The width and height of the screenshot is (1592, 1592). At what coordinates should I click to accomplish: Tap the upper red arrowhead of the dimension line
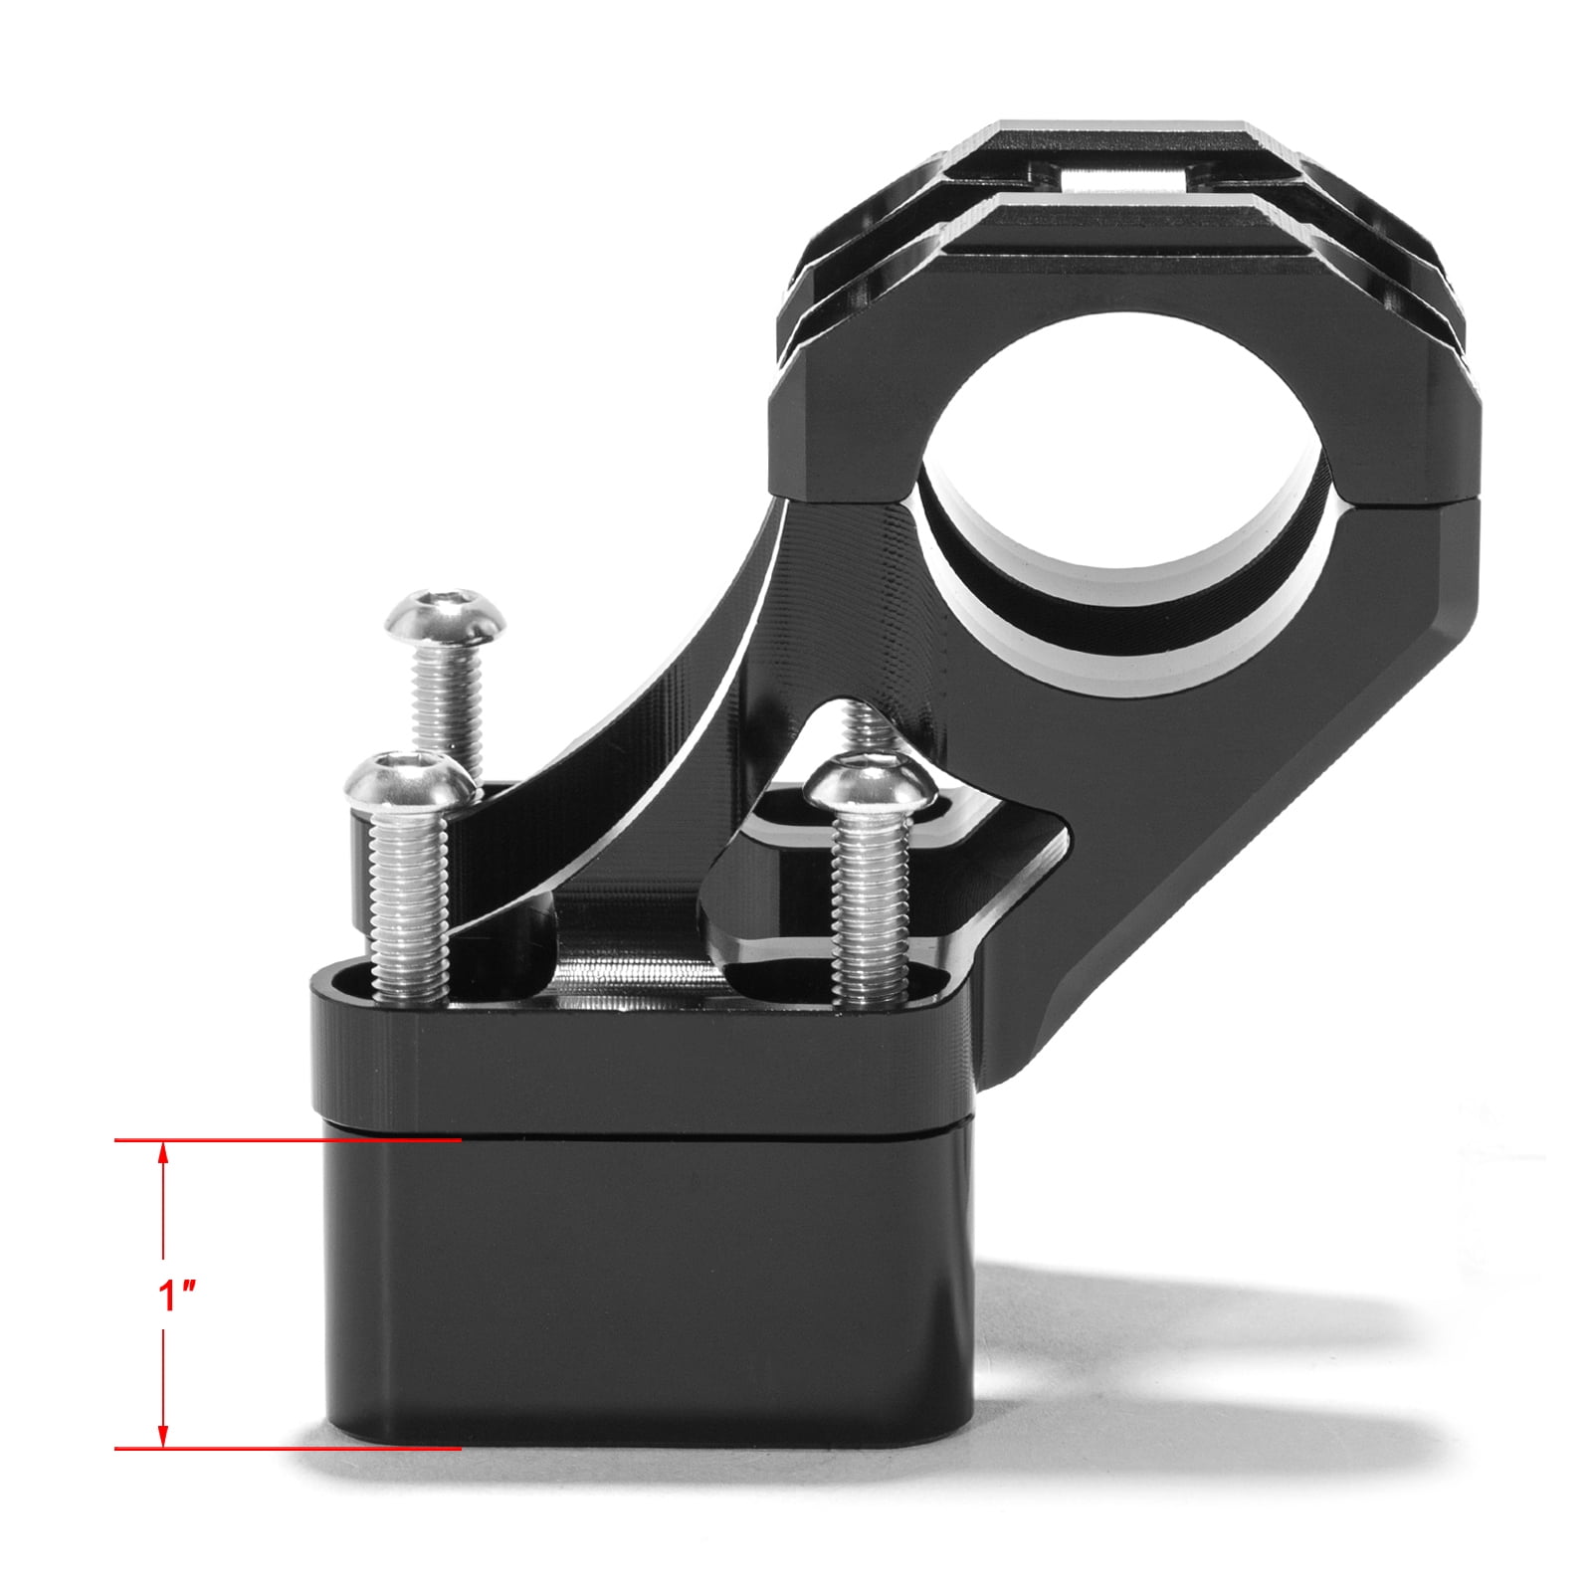(163, 1154)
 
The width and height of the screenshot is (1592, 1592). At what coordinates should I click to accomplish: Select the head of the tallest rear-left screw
(445, 616)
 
